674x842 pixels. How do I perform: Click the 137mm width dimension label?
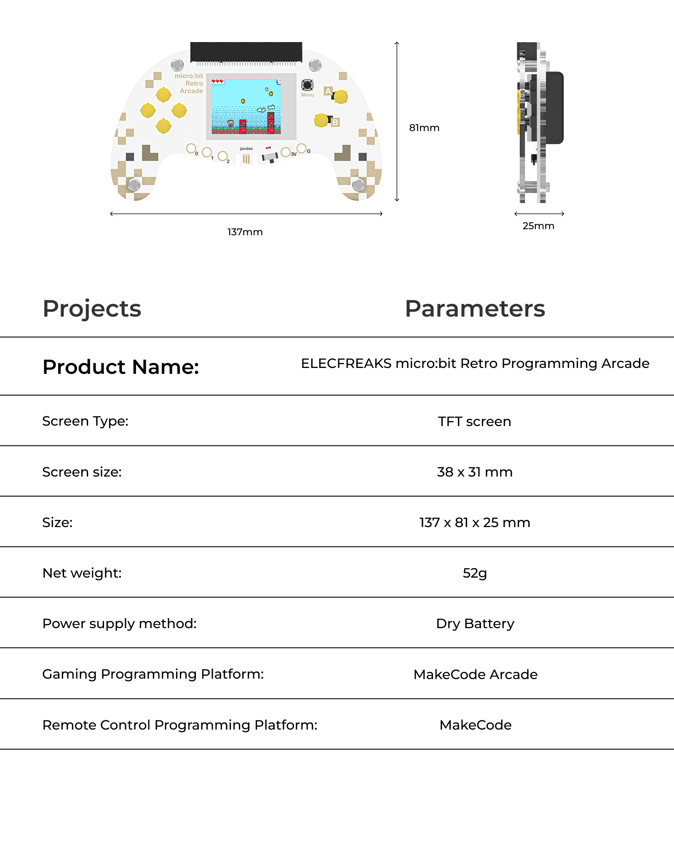click(245, 232)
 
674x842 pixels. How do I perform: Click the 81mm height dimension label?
click(424, 128)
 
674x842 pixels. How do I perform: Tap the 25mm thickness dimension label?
click(538, 226)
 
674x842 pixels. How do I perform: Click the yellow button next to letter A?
click(340, 97)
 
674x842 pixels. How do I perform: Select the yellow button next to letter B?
click(321, 120)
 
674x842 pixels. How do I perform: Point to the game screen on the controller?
click(246, 107)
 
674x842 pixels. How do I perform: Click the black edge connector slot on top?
click(246, 52)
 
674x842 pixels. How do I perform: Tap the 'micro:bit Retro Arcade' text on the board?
click(190, 83)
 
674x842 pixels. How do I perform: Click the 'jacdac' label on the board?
click(246, 149)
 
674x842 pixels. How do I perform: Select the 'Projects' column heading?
click(92, 309)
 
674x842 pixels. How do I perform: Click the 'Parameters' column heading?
click(475, 309)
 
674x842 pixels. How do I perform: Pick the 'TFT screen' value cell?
click(474, 421)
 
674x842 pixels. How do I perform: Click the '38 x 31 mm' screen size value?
click(474, 472)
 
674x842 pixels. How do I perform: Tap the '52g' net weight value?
click(474, 573)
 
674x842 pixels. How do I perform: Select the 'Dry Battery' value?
click(475, 624)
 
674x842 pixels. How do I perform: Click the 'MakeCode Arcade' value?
click(475, 674)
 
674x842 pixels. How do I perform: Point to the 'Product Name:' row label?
click(121, 367)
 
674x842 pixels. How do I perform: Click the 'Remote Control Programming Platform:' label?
click(180, 725)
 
